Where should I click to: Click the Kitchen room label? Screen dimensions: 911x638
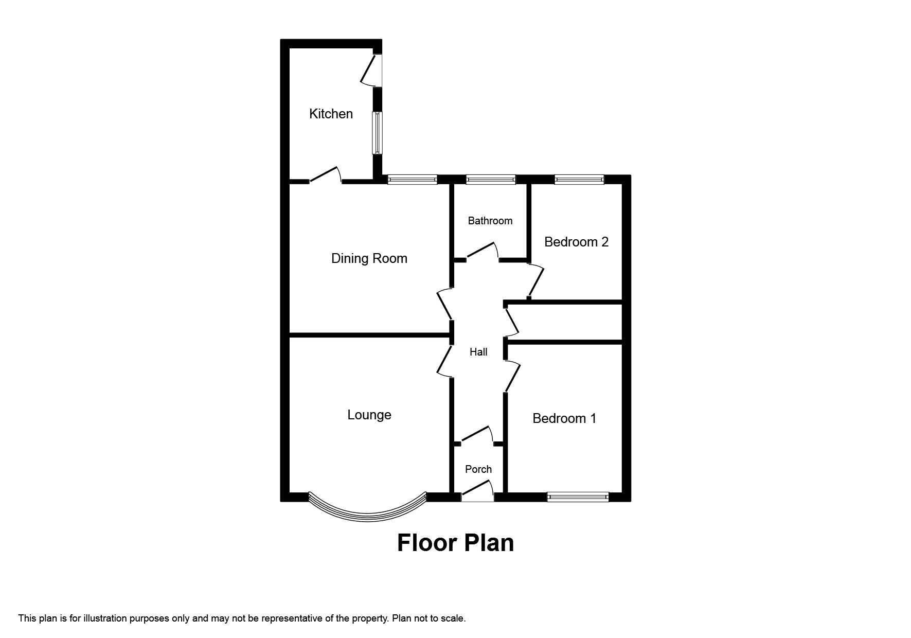click(x=331, y=114)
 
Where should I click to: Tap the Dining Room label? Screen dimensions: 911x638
click(x=369, y=258)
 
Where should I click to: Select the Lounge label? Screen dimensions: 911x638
click(x=369, y=415)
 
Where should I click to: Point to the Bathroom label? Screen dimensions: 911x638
click(x=490, y=221)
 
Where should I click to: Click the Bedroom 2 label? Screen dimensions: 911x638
click(x=576, y=242)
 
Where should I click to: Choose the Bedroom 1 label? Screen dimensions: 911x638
click(x=564, y=418)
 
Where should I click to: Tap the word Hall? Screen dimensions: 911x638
click(x=478, y=352)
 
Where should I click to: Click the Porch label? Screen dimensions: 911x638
click(x=478, y=469)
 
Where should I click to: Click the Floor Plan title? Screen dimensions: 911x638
click(x=455, y=543)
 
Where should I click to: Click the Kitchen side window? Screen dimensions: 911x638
click(x=378, y=133)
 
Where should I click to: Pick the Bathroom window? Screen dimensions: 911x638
click(x=490, y=180)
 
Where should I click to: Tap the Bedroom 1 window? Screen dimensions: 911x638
click(x=578, y=497)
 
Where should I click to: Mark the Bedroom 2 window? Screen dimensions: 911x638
click(x=579, y=180)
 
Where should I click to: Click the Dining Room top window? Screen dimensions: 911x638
click(x=412, y=180)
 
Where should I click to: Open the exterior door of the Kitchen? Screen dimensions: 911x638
click(x=372, y=70)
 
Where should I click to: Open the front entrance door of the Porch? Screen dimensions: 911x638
click(x=477, y=491)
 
